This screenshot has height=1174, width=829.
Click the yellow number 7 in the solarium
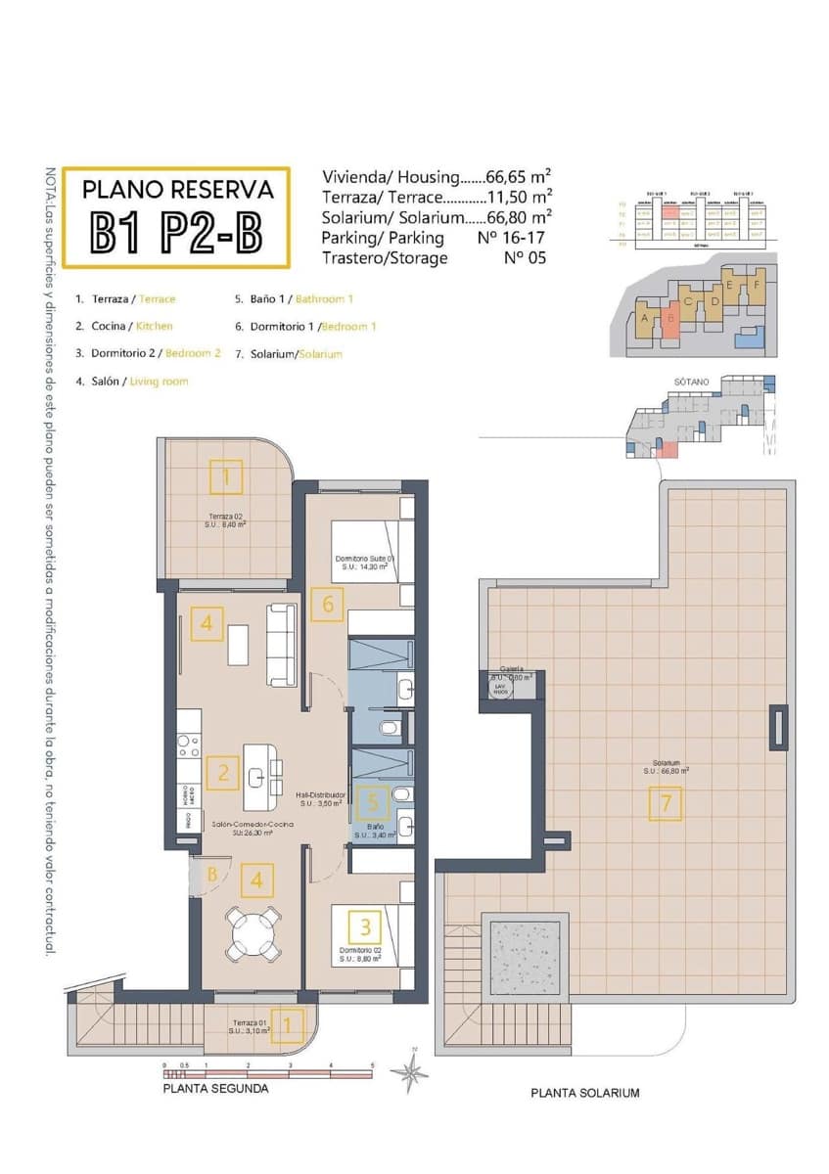pos(665,803)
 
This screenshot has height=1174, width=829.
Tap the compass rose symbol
pos(409,1072)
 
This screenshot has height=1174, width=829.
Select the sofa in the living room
pos(282,644)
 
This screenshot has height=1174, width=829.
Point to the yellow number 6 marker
pos(328,604)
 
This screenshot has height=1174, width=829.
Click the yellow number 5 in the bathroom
pos(371,803)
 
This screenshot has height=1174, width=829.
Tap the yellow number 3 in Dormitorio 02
pos(365,925)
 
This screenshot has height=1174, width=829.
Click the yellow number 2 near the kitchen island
pos(224,774)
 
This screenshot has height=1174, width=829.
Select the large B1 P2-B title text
pos(176,231)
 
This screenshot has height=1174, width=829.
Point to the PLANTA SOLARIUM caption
pos(584,1093)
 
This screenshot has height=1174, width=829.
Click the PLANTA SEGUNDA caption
pos(215,1088)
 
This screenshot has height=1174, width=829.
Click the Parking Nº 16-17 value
pos(503,238)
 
